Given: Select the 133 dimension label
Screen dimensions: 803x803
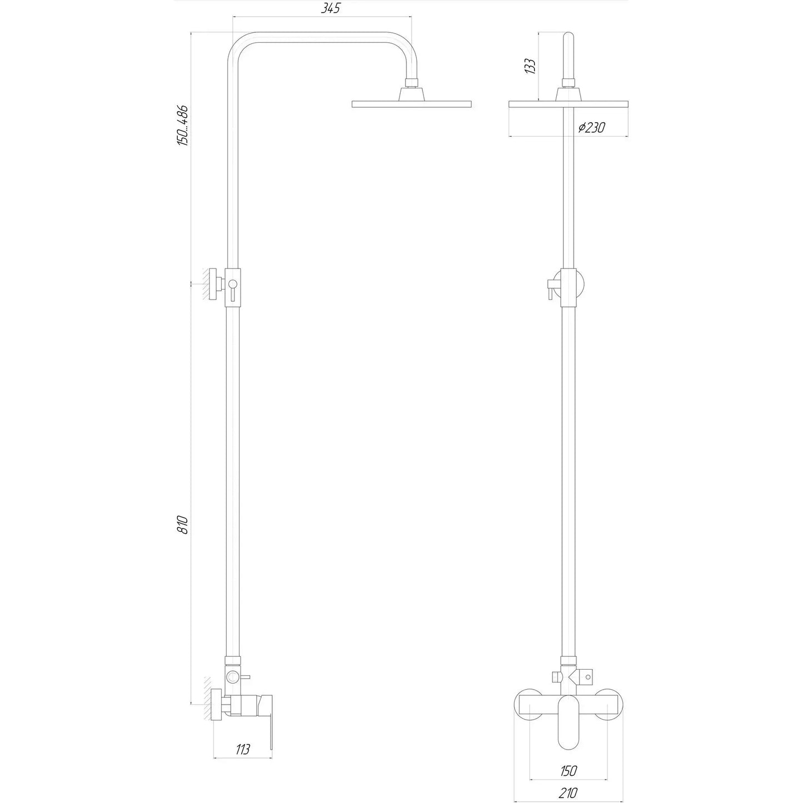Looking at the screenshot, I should [x=530, y=66].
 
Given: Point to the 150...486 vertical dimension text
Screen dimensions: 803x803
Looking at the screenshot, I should [x=183, y=125].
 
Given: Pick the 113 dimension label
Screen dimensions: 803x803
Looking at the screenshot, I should [x=242, y=749].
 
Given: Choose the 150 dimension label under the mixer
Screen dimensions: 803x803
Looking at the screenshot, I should [x=568, y=771].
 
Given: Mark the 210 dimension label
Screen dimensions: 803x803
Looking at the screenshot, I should [x=568, y=793].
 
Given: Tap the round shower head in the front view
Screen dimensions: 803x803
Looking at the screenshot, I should [x=568, y=104].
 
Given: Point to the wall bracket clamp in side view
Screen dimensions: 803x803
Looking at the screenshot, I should [x=233, y=286].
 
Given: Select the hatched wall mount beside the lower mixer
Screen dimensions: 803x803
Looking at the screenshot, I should [x=207, y=700].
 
